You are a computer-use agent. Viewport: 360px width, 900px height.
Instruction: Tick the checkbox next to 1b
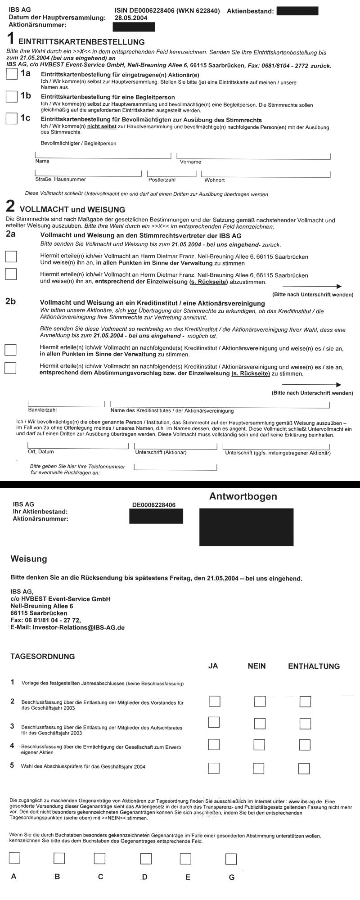[x=12, y=96]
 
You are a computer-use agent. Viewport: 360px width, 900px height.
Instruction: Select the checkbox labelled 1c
[x=12, y=118]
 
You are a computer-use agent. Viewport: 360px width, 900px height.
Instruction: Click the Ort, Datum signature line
[x=78, y=445]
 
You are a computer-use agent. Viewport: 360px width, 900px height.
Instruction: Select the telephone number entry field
[x=175, y=467]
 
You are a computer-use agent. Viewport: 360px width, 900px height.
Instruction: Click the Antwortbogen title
[x=243, y=497]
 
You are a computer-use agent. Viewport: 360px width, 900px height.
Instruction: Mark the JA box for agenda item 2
[x=214, y=701]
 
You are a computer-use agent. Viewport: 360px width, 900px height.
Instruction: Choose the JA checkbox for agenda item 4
[x=214, y=745]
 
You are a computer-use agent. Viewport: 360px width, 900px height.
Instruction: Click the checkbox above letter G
[x=231, y=859]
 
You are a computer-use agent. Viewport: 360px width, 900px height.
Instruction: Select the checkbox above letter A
[x=14, y=858]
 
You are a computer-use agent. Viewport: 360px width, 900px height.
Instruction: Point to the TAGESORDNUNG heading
[x=43, y=657]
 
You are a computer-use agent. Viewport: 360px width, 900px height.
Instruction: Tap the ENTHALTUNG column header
[x=314, y=666]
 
